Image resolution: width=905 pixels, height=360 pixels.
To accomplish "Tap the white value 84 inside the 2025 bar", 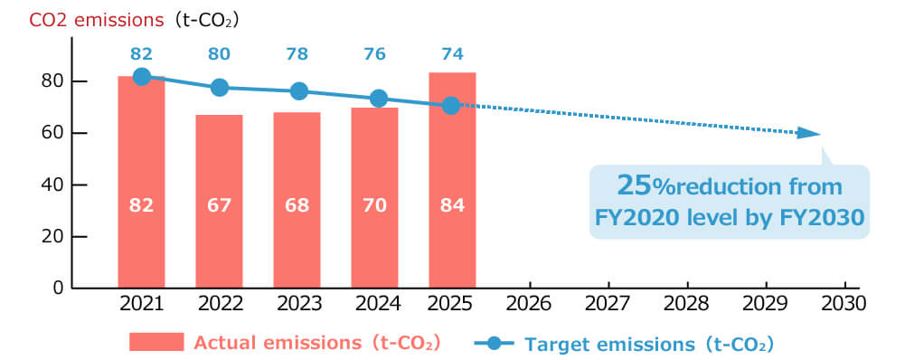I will pyautogui.click(x=452, y=205).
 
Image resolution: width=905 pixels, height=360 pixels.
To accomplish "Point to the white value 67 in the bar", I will pyautogui.click(x=219, y=205).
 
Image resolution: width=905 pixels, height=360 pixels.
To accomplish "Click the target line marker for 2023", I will pyautogui.click(x=298, y=91).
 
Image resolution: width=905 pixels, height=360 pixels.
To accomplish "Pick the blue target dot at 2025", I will pyautogui.click(x=451, y=106).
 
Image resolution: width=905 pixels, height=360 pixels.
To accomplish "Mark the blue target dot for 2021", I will pyautogui.click(x=141, y=77).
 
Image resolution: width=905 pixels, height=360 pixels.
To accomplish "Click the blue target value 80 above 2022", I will pyautogui.click(x=219, y=53).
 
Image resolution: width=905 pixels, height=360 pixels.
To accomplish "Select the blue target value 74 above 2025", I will pyautogui.click(x=452, y=53).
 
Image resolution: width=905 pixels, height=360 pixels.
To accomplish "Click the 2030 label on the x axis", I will pyautogui.click(x=841, y=304).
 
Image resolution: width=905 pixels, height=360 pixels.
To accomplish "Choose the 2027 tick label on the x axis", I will pyautogui.click(x=608, y=304).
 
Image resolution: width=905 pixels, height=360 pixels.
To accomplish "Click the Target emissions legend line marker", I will pyautogui.click(x=494, y=343).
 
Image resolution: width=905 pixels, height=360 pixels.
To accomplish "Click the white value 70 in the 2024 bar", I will pyautogui.click(x=374, y=205).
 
